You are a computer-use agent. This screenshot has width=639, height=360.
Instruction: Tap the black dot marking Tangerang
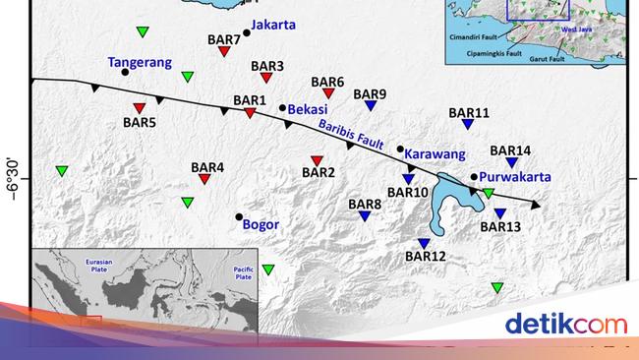pos(125,71)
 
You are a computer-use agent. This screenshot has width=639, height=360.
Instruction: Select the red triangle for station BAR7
pos(224,52)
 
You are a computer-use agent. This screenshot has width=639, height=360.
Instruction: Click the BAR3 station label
pos(267,66)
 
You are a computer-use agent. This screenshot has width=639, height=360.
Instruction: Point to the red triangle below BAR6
pos(328,93)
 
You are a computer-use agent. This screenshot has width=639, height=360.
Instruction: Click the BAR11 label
pos(469,113)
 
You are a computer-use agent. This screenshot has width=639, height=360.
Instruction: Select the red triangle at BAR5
pos(139,108)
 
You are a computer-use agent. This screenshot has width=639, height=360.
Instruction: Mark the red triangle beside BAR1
pos(250,113)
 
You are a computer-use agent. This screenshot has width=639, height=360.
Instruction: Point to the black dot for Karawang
pos(400,149)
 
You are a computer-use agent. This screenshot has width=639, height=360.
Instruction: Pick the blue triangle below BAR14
pos(511,163)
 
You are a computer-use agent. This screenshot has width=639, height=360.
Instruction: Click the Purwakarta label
pos(515,178)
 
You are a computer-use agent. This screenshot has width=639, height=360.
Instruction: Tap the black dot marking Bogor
pos(239,217)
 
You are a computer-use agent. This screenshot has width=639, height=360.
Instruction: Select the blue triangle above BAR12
pos(424,244)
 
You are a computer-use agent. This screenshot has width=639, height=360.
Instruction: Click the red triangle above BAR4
pos(203,179)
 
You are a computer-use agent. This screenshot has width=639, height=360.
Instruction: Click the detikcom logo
pos(565,324)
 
